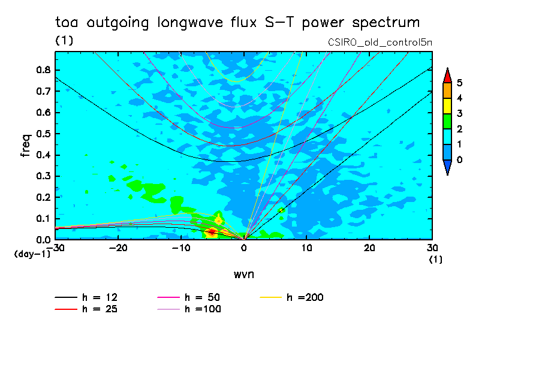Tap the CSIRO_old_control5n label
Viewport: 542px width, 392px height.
coord(380,42)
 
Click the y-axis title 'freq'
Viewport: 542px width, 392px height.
coord(26,146)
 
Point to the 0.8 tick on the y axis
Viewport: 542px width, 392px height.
coord(43,70)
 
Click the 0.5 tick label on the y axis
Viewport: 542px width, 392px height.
coord(43,134)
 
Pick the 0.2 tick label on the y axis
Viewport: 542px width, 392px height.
coord(43,197)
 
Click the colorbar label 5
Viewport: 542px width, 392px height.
coord(459,83)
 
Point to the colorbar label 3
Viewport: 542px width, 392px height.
coord(459,113)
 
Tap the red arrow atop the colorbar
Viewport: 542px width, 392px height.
coord(447,76)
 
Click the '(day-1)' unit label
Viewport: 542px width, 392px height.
coord(32,255)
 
